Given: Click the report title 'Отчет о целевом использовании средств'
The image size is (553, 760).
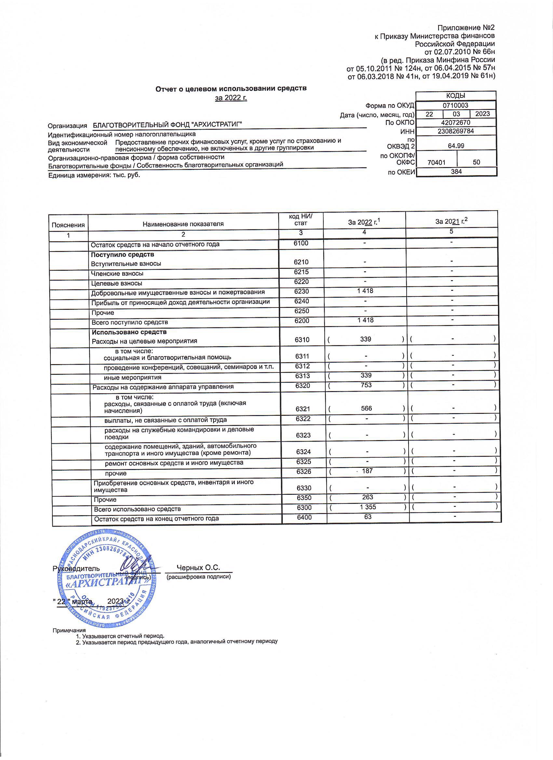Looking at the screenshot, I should (231, 89).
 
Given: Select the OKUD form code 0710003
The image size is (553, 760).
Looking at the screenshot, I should (455, 105).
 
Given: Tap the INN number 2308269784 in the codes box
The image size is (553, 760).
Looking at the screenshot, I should (456, 131).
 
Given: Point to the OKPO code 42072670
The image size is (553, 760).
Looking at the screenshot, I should (456, 123).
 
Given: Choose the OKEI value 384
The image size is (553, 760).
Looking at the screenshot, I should (456, 172).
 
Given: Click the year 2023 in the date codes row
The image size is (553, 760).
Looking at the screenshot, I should (482, 114).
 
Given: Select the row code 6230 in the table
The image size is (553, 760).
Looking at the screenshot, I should (301, 292).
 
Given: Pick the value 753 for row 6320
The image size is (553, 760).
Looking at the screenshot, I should (366, 385).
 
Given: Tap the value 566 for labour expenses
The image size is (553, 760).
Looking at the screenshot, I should (366, 408).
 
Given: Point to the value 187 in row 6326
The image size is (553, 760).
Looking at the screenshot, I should (367, 471).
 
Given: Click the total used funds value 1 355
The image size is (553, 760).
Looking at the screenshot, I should (368, 507).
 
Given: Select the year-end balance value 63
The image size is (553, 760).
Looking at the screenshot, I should (368, 517).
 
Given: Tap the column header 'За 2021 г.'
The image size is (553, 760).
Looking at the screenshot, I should (452, 221).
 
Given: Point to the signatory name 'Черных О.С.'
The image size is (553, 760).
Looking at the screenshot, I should (198, 568).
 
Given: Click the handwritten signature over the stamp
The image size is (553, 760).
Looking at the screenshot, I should (134, 566).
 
